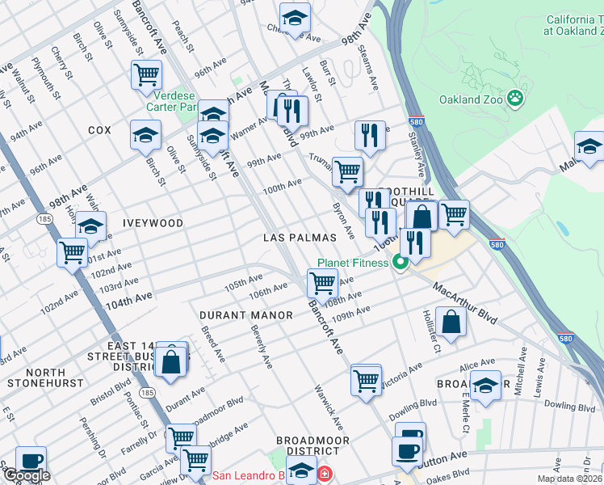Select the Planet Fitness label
354,263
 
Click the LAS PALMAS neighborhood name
299,238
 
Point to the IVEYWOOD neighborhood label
153,222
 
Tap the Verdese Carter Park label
175,100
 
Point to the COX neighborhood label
99,130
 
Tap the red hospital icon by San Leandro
324,473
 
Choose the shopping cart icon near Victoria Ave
366,379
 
